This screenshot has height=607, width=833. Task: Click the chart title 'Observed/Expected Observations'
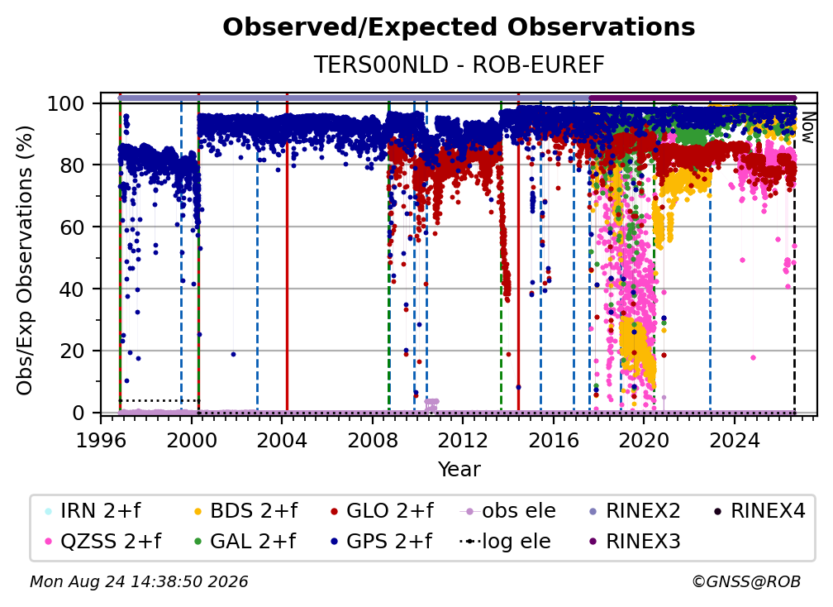459,27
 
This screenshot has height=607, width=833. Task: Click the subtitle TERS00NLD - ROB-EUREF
459,65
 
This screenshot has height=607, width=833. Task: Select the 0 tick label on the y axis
78,413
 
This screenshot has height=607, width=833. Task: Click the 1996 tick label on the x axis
101,440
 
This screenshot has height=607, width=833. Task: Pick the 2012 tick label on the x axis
463,440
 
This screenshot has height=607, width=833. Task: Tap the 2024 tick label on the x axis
734,440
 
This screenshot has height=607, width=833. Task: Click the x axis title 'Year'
459,469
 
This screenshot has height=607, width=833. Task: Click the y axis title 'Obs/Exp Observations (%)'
25,260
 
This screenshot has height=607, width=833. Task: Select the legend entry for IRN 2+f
93,511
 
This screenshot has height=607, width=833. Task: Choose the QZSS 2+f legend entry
103,541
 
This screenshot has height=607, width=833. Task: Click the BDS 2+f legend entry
245,511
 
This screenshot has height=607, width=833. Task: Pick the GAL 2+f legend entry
245,541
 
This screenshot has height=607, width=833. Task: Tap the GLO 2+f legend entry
382,511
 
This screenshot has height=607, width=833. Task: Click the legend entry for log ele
506,541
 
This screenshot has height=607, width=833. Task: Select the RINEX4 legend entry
760,511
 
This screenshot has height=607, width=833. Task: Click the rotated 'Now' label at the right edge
807,127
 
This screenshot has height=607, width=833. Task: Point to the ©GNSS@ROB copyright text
746,581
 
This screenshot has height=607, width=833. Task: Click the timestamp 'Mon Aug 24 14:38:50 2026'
139,581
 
